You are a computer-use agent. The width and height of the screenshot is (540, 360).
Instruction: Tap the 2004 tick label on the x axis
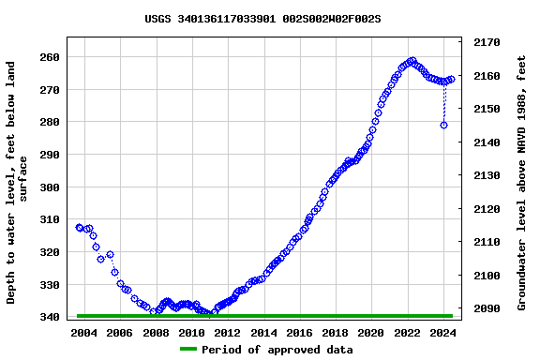pos(84,332)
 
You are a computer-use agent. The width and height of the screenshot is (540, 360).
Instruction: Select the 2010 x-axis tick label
pos(191,332)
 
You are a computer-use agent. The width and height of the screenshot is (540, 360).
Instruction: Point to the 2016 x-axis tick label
pos(299,332)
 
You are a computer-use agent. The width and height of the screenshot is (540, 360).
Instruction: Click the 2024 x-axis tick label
pos(442,332)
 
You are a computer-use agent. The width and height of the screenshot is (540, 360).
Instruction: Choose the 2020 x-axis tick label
pos(371,332)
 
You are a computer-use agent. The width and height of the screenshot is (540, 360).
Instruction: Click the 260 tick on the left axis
pos(51,57)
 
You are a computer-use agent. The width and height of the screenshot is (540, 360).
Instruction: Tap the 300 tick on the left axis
pos(51,187)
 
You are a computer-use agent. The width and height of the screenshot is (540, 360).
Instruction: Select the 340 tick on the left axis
pos(51,317)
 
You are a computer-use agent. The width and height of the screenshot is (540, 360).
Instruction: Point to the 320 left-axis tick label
pos(51,252)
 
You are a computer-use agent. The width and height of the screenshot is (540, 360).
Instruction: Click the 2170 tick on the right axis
pos(487,42)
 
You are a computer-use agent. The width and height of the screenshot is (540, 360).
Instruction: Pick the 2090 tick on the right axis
pos(487,308)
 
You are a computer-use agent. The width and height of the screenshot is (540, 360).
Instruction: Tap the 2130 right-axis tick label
pos(487,175)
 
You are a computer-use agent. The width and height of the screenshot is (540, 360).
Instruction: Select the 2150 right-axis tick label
pos(487,109)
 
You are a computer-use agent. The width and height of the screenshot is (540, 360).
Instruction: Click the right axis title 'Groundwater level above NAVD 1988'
pos(522,183)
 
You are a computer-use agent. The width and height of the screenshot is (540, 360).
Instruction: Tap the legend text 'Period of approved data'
pos(277,350)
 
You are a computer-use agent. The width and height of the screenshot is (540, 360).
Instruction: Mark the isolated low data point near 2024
pos(443,125)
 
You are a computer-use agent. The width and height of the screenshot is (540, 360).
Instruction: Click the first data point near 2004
pos(79,227)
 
